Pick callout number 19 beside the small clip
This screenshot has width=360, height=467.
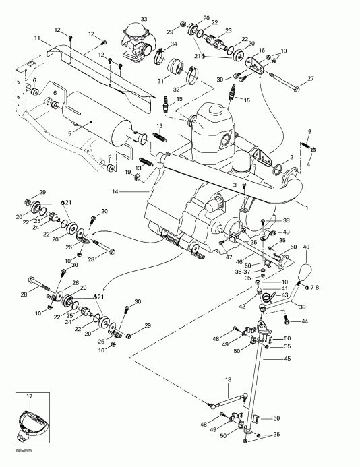pos(127,173)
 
